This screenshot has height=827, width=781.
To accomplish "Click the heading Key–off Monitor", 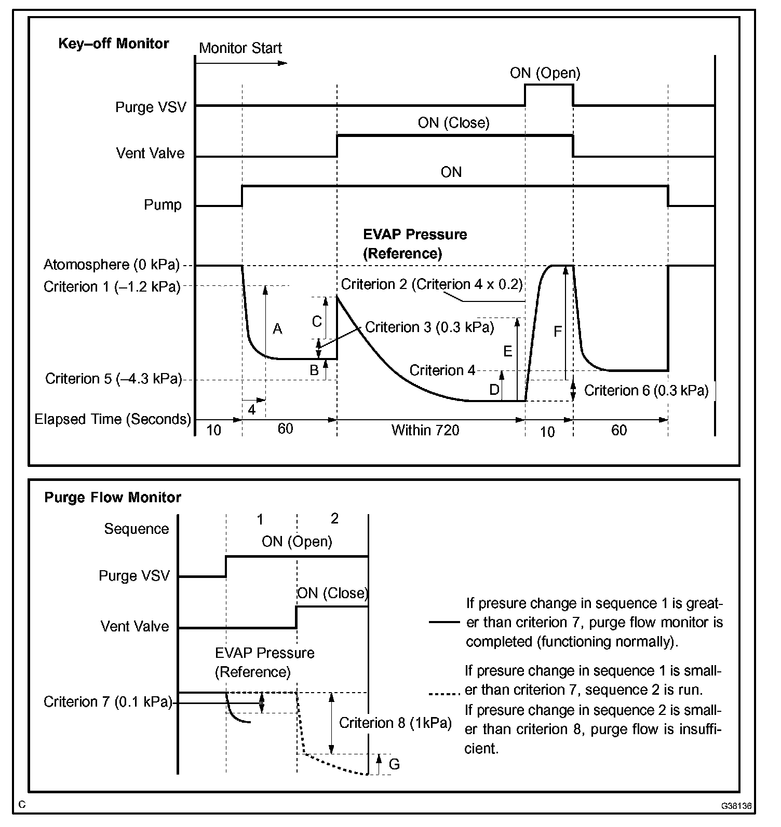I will pos(113,43).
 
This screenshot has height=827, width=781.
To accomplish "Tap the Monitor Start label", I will pos(240,48).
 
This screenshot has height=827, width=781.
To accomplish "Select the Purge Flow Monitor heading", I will pos(113,497).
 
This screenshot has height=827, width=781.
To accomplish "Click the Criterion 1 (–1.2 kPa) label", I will pos(112,286).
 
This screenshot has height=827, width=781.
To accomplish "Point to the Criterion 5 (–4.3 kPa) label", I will pos(113,379).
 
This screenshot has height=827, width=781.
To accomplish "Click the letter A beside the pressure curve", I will pos(277,328).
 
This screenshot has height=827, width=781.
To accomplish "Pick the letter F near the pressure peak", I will pos(558,332).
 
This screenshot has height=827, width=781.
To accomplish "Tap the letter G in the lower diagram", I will pos(394,764).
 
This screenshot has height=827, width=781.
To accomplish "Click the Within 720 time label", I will pos(425,430).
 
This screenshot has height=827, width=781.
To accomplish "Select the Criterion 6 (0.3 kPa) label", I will pos(646,390).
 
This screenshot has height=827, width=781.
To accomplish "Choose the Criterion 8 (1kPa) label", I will pos(395,723).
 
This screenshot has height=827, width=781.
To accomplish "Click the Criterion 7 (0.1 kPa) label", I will pos(107,702).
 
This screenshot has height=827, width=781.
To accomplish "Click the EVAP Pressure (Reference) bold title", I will pos(414,244).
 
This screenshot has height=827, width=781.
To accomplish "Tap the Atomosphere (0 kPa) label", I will pos(111,265).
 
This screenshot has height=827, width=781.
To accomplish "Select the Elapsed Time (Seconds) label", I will pos(113,419).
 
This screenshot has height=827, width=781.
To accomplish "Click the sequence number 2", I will pos(334,518).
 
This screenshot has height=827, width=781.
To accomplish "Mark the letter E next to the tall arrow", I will pos(507,351).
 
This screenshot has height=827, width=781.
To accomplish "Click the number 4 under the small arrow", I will pos(251,409).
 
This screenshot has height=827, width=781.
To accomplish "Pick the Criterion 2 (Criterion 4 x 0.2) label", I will pos(432,284).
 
